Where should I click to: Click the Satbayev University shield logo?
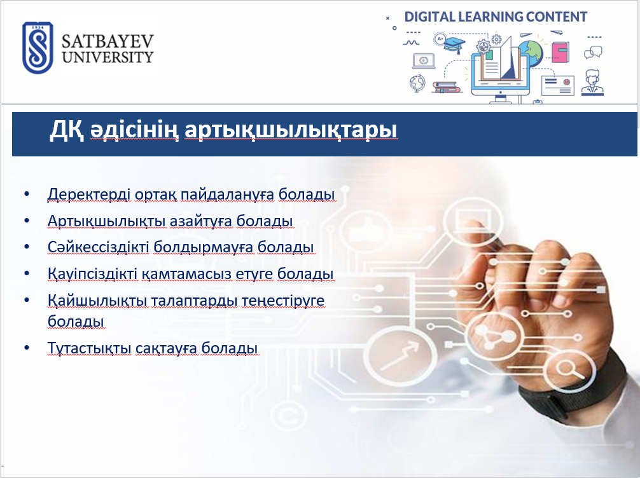pos(38,47)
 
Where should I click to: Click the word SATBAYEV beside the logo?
pos(108,41)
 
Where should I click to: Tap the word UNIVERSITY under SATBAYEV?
pos(108,57)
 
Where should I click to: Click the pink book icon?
pos(560,52)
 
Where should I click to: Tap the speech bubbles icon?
pos(593,53)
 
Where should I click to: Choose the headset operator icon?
pos(592,83)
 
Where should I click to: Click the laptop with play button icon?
pos(424,61)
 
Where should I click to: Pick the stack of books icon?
pos(446,87)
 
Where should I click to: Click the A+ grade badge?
pos(440,39)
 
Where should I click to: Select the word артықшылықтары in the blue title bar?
pos(291,130)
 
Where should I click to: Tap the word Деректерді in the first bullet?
pos(89,195)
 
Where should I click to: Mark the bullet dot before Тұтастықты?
pos(27,348)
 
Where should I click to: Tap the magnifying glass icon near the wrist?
pos(569,369)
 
